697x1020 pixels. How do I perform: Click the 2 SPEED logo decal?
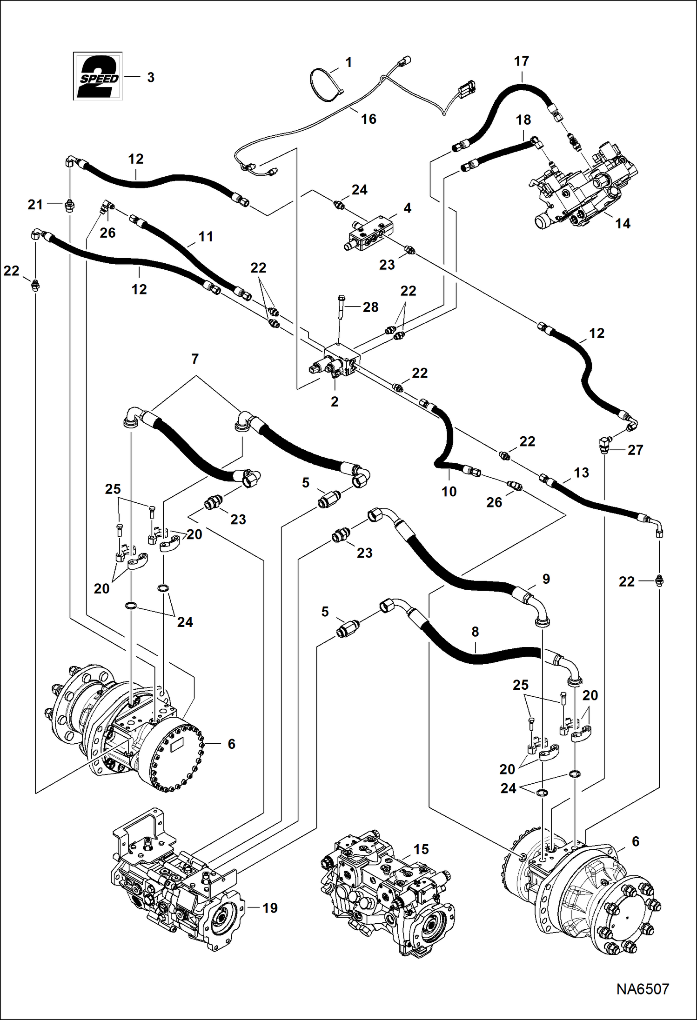pos(98,76)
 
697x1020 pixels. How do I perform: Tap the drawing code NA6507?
pos(643,989)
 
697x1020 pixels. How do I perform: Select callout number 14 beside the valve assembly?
pos(623,224)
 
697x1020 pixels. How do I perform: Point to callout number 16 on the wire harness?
pos(369,119)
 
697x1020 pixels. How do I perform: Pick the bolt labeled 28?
pos(340,305)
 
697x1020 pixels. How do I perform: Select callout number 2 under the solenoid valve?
pos(335,402)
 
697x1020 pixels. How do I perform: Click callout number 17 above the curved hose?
pos(522,61)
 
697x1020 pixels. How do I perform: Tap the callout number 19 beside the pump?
pos(270,908)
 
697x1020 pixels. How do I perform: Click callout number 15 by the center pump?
pos(421,849)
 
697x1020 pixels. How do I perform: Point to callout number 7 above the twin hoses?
pos(195,359)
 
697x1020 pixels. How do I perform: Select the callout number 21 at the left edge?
pos(35,204)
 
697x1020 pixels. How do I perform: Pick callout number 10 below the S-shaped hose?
pos(449,491)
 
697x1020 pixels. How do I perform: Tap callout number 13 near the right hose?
pos(581,473)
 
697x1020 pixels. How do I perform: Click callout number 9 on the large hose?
pos(546,579)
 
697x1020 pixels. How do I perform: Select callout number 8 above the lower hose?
pos(475,632)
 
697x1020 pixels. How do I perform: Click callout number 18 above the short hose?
pos(523,120)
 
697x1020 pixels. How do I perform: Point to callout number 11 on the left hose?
pos(206,237)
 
